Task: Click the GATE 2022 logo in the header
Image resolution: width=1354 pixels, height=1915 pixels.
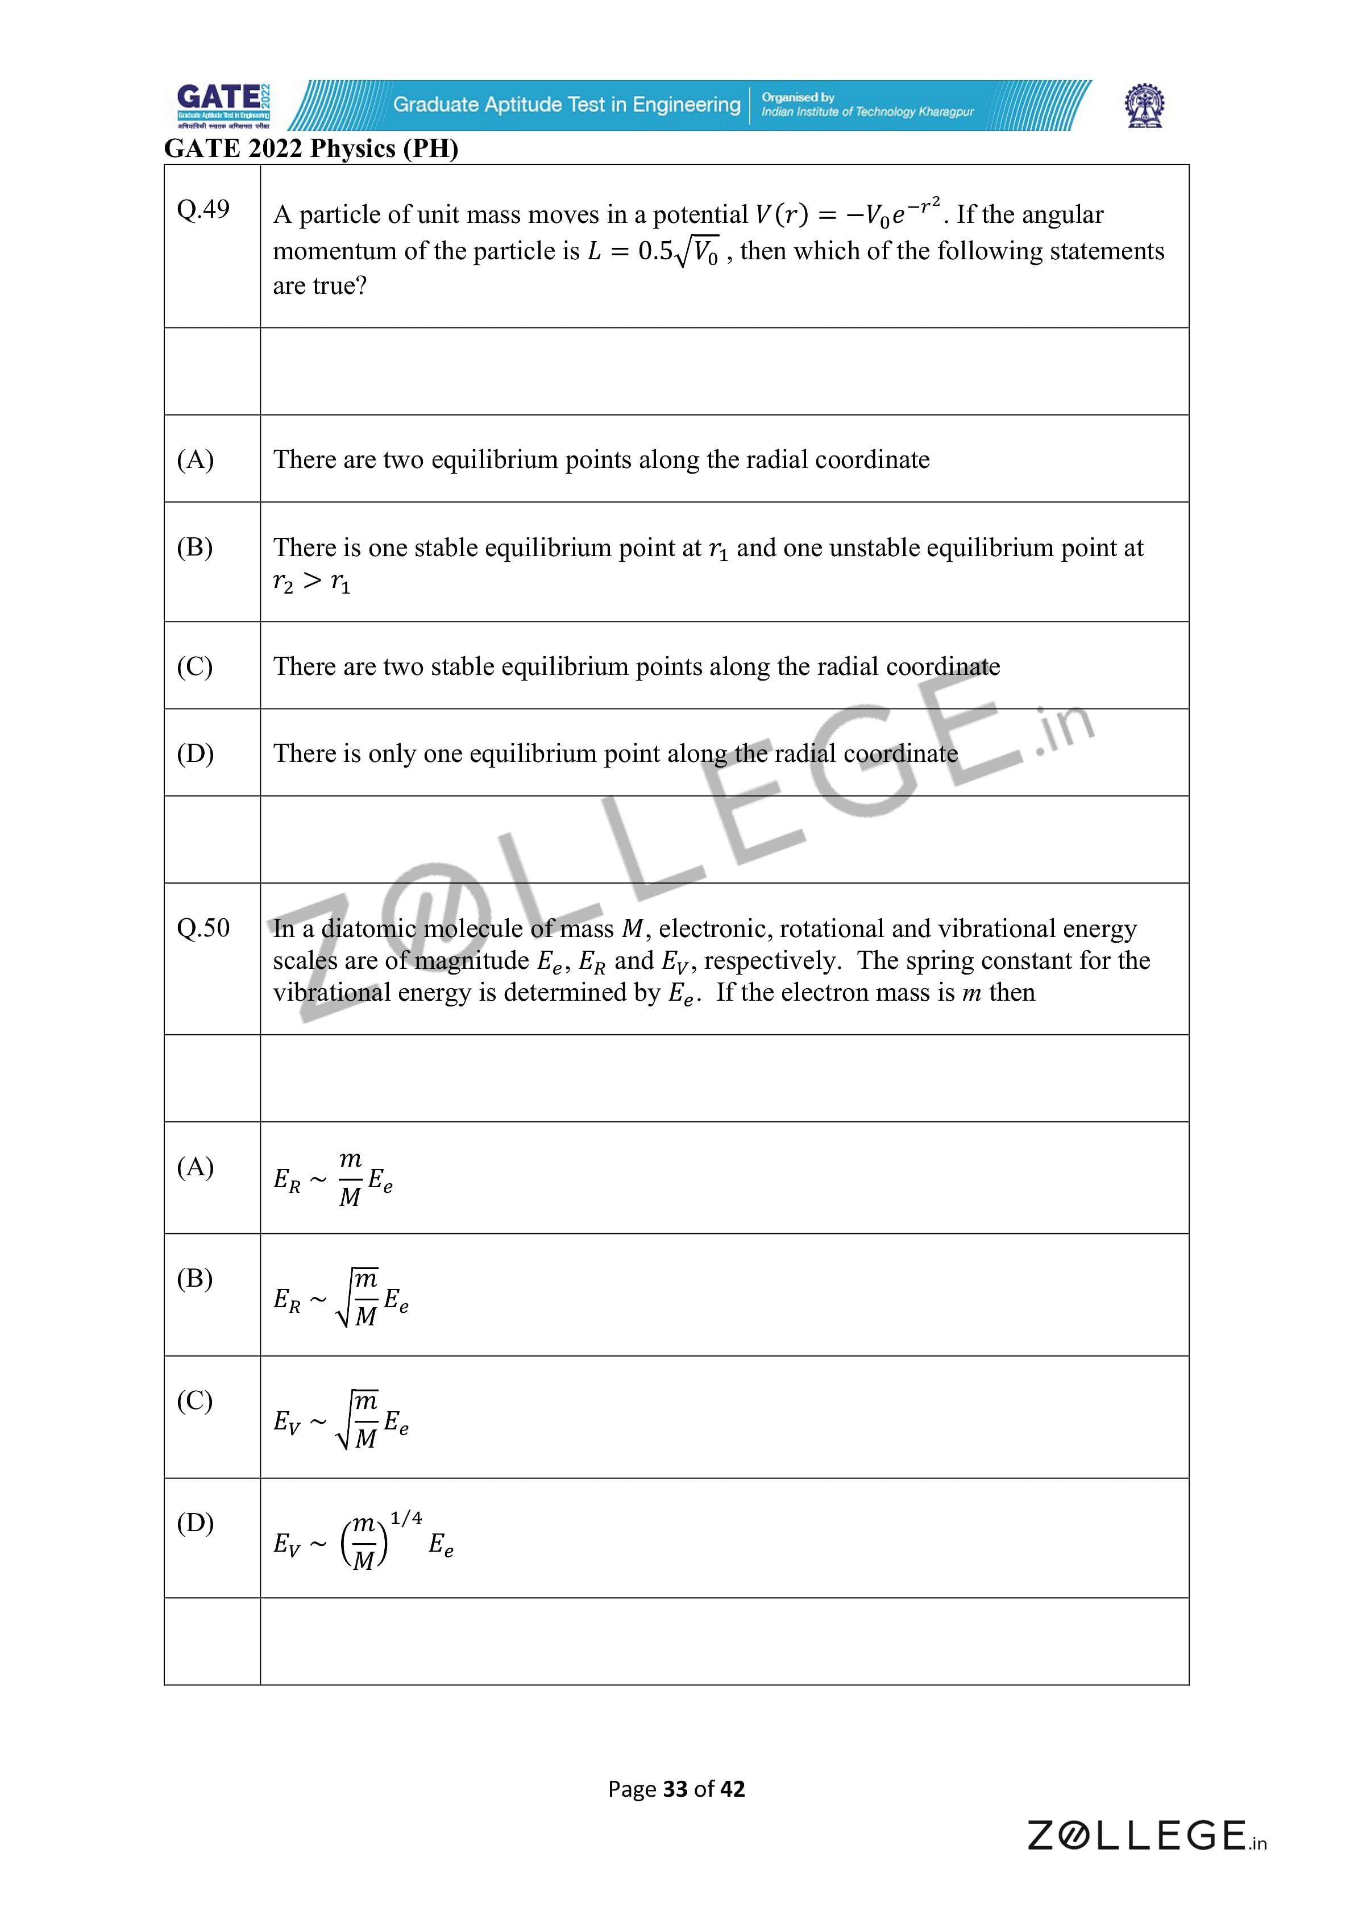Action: click(x=223, y=105)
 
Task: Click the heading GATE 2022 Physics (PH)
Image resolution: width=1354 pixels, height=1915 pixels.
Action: click(x=311, y=148)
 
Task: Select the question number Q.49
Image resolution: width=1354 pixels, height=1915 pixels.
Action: click(x=202, y=209)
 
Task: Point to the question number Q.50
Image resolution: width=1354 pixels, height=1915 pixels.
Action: click(x=202, y=927)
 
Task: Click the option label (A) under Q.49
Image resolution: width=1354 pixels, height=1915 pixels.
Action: click(x=195, y=459)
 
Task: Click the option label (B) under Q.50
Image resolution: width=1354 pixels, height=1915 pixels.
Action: click(x=195, y=1278)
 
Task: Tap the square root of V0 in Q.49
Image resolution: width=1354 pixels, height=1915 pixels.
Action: click(x=697, y=252)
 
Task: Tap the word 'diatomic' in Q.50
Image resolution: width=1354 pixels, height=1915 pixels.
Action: click(x=368, y=929)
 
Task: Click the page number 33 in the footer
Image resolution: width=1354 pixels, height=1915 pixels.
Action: click(x=675, y=1789)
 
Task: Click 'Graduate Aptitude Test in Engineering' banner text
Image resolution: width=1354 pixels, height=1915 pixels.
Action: click(x=567, y=104)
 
